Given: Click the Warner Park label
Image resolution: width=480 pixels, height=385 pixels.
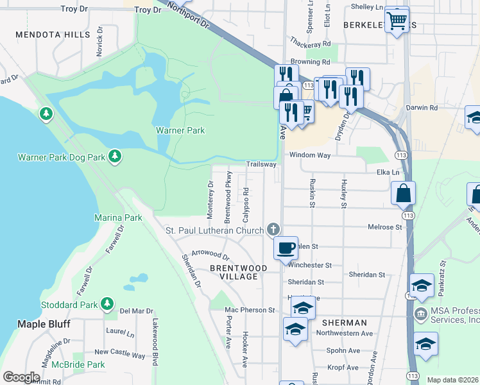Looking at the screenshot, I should pos(180,130).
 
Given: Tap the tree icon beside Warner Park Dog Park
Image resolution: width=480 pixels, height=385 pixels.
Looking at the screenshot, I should pos(115,157).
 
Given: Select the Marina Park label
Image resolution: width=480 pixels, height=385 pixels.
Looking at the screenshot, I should pos(118,218).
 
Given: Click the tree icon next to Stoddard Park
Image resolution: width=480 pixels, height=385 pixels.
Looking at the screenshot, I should pos(107,304).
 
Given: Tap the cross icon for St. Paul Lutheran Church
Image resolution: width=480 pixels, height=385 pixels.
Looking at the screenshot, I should pos(273,230).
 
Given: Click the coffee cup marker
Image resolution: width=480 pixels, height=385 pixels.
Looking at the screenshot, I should pos(286,247).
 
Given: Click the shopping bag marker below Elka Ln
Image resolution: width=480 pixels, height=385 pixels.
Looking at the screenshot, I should pos(403,193).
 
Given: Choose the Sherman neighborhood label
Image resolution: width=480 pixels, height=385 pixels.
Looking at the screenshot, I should pos(345,323).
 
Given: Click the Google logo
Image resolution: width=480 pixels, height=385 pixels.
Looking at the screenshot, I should pos(21,377).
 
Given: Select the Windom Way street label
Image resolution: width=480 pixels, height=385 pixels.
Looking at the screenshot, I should pos(309,155).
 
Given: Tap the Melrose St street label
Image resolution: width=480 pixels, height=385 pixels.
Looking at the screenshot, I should pos(384,227).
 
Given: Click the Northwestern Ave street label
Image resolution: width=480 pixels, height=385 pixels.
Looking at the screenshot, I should pos(348,334).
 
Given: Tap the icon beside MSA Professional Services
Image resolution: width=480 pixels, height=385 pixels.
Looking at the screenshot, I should pos(421,314).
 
